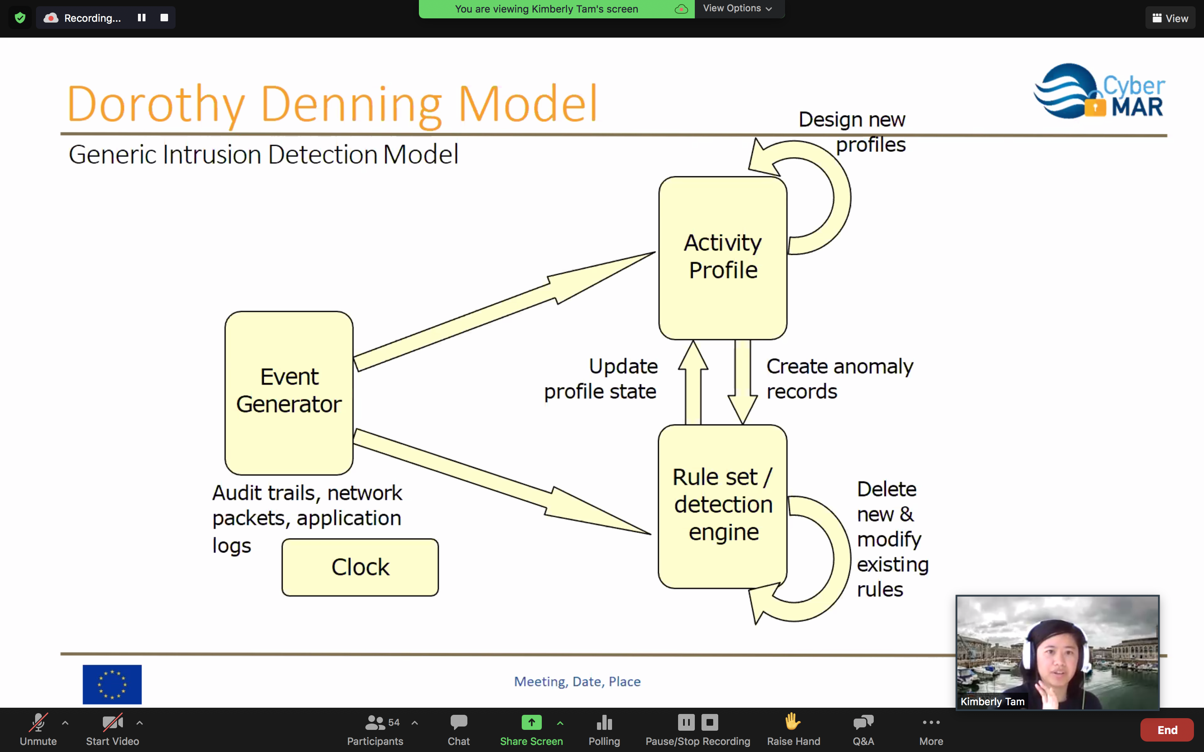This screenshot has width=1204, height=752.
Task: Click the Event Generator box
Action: click(289, 393)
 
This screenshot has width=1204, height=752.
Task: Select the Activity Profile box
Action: click(723, 258)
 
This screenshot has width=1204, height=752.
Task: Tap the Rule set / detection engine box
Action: click(722, 506)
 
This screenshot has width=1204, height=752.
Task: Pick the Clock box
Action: click(360, 567)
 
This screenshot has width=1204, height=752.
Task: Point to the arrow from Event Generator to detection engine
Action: click(503, 481)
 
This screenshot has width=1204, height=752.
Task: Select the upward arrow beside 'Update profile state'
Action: click(693, 382)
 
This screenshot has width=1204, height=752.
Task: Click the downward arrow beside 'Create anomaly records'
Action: click(743, 382)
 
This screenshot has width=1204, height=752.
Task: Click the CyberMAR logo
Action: click(1099, 91)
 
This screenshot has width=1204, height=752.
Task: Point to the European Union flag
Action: click(112, 684)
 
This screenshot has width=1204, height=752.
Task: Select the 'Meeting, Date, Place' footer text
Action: click(577, 681)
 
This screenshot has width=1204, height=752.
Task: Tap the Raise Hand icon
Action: click(793, 722)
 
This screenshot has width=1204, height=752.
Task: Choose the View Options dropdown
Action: click(738, 8)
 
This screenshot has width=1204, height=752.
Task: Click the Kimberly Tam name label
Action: click(992, 701)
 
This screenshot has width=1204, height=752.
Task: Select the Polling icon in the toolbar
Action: click(604, 722)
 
